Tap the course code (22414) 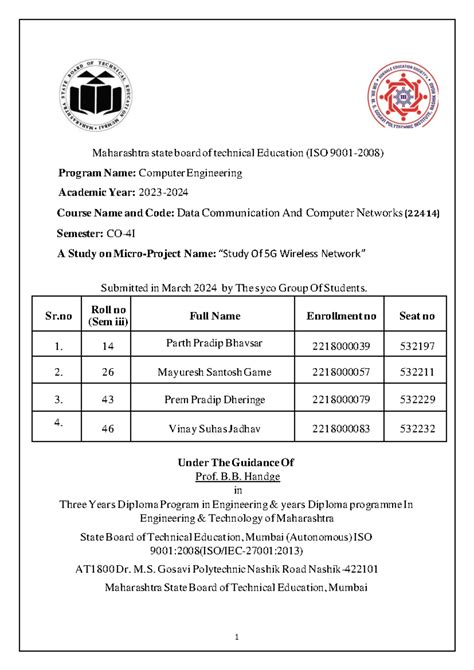(x=422, y=213)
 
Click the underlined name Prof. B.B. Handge (x=237, y=477)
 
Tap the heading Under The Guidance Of (x=237, y=463)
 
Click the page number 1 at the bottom (x=237, y=637)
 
